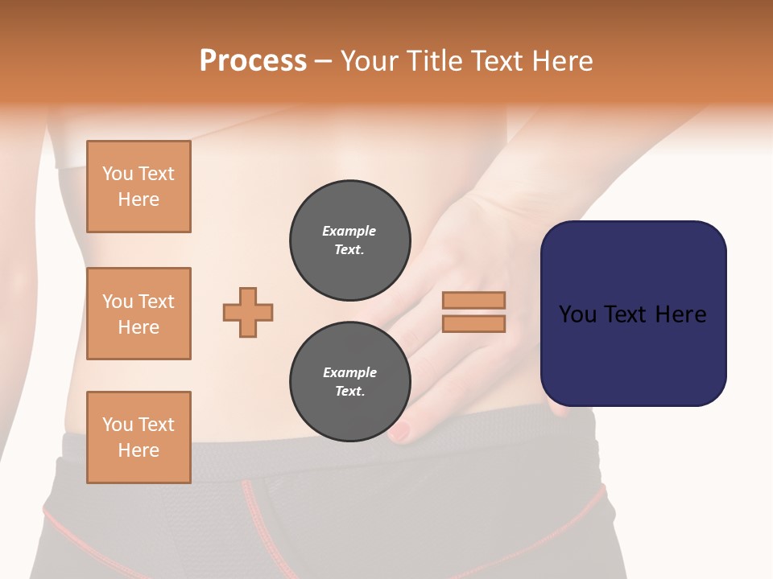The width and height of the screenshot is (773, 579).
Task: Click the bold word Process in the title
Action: [253, 61]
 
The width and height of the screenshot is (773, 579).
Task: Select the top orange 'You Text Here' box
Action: [138, 187]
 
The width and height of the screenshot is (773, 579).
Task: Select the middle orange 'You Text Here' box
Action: [138, 314]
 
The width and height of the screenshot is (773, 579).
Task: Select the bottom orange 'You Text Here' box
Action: [138, 437]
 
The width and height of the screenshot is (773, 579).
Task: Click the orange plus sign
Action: [248, 312]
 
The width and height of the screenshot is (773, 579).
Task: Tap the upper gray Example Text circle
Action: [350, 240]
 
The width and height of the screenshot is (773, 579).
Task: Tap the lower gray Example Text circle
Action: [350, 382]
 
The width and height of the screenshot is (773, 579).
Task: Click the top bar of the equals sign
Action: [473, 301]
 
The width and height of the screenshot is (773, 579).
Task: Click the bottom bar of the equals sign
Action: [473, 323]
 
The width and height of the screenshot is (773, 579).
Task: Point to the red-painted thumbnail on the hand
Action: [401, 432]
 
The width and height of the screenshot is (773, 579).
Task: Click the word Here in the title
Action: [563, 61]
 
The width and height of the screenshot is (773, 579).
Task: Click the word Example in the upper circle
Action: [349, 231]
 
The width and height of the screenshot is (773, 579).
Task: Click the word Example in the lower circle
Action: [349, 372]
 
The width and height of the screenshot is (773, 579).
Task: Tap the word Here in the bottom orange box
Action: [138, 450]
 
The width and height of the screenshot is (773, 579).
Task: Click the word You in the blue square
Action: [577, 314]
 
